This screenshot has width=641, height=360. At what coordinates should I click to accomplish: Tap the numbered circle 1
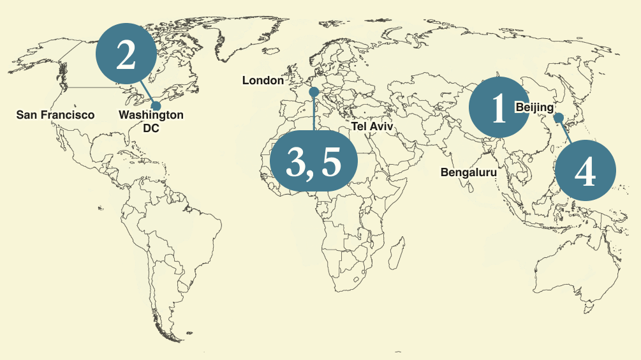(499, 107)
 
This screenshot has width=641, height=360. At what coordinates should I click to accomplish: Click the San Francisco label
(55, 115)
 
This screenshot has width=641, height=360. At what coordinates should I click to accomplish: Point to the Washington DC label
(151, 121)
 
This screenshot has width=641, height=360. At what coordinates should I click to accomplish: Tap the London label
(263, 80)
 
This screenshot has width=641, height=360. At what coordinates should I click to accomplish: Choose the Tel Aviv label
(372, 127)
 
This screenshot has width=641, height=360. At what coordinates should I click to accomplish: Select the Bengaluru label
(468, 172)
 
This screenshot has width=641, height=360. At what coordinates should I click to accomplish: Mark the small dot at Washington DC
(156, 106)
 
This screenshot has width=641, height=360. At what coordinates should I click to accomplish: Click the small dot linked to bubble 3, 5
(313, 92)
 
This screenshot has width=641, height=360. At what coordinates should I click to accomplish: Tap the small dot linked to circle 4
(558, 117)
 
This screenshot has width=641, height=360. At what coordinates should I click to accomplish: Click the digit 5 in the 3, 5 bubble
(331, 163)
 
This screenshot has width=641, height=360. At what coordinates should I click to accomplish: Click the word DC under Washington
(151, 128)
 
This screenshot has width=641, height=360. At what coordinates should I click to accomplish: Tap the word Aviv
(383, 127)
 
